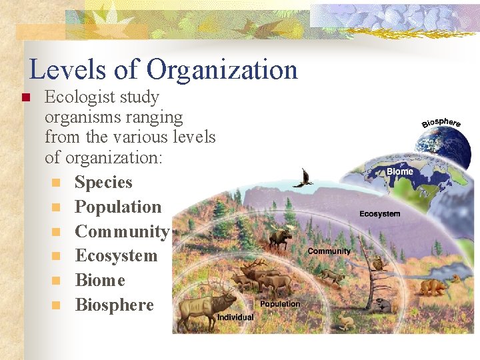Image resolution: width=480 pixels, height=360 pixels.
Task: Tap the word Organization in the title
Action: click(222, 70)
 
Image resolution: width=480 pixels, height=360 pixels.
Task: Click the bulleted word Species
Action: click(103, 183)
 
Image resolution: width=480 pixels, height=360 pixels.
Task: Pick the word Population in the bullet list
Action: click(118, 207)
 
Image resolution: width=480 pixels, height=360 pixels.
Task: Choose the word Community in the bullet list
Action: click(122, 232)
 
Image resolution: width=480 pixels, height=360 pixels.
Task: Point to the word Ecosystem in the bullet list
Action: click(116, 256)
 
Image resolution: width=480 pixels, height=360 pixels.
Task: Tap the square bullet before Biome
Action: click(57, 281)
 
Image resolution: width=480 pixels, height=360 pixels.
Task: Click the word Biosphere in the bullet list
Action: click(114, 305)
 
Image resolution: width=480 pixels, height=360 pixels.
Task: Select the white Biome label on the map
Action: click(400, 171)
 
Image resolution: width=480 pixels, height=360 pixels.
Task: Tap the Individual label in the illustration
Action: click(235, 317)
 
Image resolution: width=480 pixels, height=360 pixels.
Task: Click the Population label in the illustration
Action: click(280, 304)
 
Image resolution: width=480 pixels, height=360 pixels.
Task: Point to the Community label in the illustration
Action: click(329, 251)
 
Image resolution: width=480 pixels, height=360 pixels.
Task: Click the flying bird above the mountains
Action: click(305, 177)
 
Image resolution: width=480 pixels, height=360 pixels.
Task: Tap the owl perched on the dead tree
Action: click(379, 264)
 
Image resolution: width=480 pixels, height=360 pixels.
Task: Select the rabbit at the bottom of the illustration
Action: click(345, 322)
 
